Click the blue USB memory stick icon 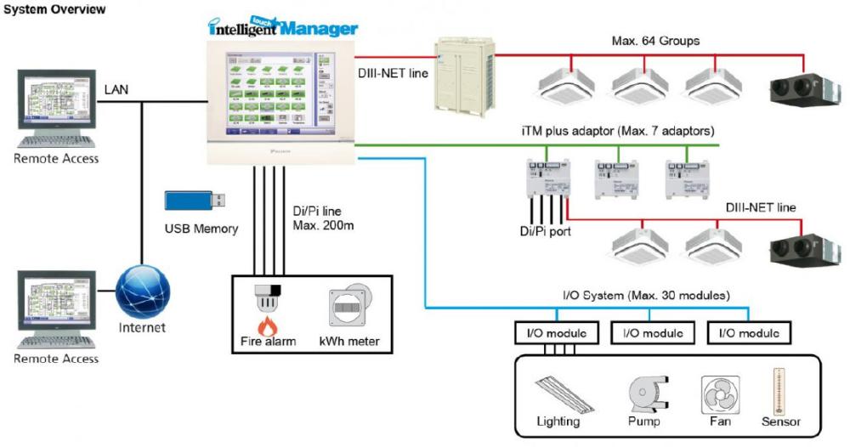(195, 201)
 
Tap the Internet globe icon (144, 291)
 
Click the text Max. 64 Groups (650, 41)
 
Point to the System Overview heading (54, 9)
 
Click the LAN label (117, 88)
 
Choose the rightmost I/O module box (749, 332)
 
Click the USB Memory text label (202, 228)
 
